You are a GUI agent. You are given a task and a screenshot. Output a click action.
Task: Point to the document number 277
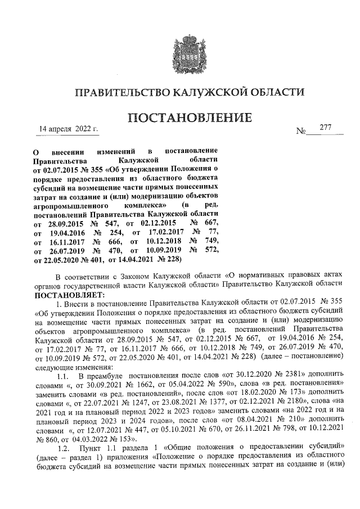(x=325, y=128)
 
